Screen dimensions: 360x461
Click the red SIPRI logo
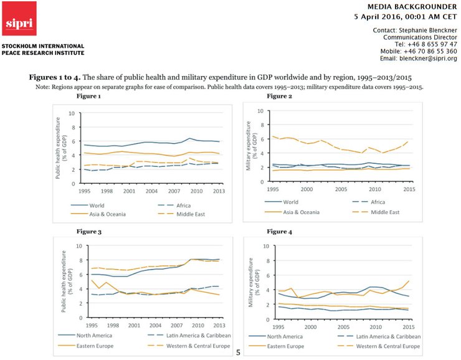pos(19,19)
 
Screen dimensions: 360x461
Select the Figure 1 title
pos(88,97)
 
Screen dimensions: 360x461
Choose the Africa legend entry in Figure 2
pos(371,202)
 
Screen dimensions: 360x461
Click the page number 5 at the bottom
pos(238,353)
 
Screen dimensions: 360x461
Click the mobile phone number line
pos(417,51)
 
